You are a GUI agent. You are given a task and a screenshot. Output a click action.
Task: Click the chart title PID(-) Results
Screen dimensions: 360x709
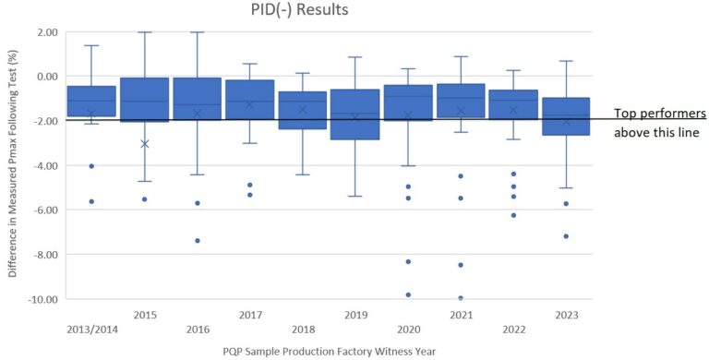[x=313, y=11]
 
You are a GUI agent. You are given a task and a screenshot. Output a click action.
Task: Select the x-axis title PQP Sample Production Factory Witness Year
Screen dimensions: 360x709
[x=327, y=351]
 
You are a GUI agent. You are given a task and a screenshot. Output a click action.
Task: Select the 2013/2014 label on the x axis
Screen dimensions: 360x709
[x=91, y=329]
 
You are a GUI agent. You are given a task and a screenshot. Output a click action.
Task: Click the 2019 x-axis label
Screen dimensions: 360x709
[x=355, y=315]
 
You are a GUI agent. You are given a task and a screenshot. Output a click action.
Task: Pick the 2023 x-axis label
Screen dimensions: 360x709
[x=566, y=315]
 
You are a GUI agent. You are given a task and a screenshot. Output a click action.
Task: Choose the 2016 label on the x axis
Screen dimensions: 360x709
[x=198, y=329]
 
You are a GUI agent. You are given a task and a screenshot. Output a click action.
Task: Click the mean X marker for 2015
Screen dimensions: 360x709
[x=144, y=144]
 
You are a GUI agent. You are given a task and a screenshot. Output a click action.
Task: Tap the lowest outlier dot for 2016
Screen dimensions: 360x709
[x=198, y=240]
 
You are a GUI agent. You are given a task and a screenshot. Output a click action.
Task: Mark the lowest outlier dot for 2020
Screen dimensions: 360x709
[x=408, y=294]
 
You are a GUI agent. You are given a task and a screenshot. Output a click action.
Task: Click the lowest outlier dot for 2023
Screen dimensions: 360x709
[x=566, y=236]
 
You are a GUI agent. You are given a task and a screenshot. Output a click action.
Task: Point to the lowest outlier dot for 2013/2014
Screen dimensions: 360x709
[x=91, y=201]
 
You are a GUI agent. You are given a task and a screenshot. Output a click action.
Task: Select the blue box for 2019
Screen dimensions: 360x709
[x=355, y=114]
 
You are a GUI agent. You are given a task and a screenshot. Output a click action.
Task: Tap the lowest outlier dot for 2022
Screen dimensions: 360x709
[x=513, y=215]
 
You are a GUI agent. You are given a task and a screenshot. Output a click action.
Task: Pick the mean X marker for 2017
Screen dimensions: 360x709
[x=249, y=105]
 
